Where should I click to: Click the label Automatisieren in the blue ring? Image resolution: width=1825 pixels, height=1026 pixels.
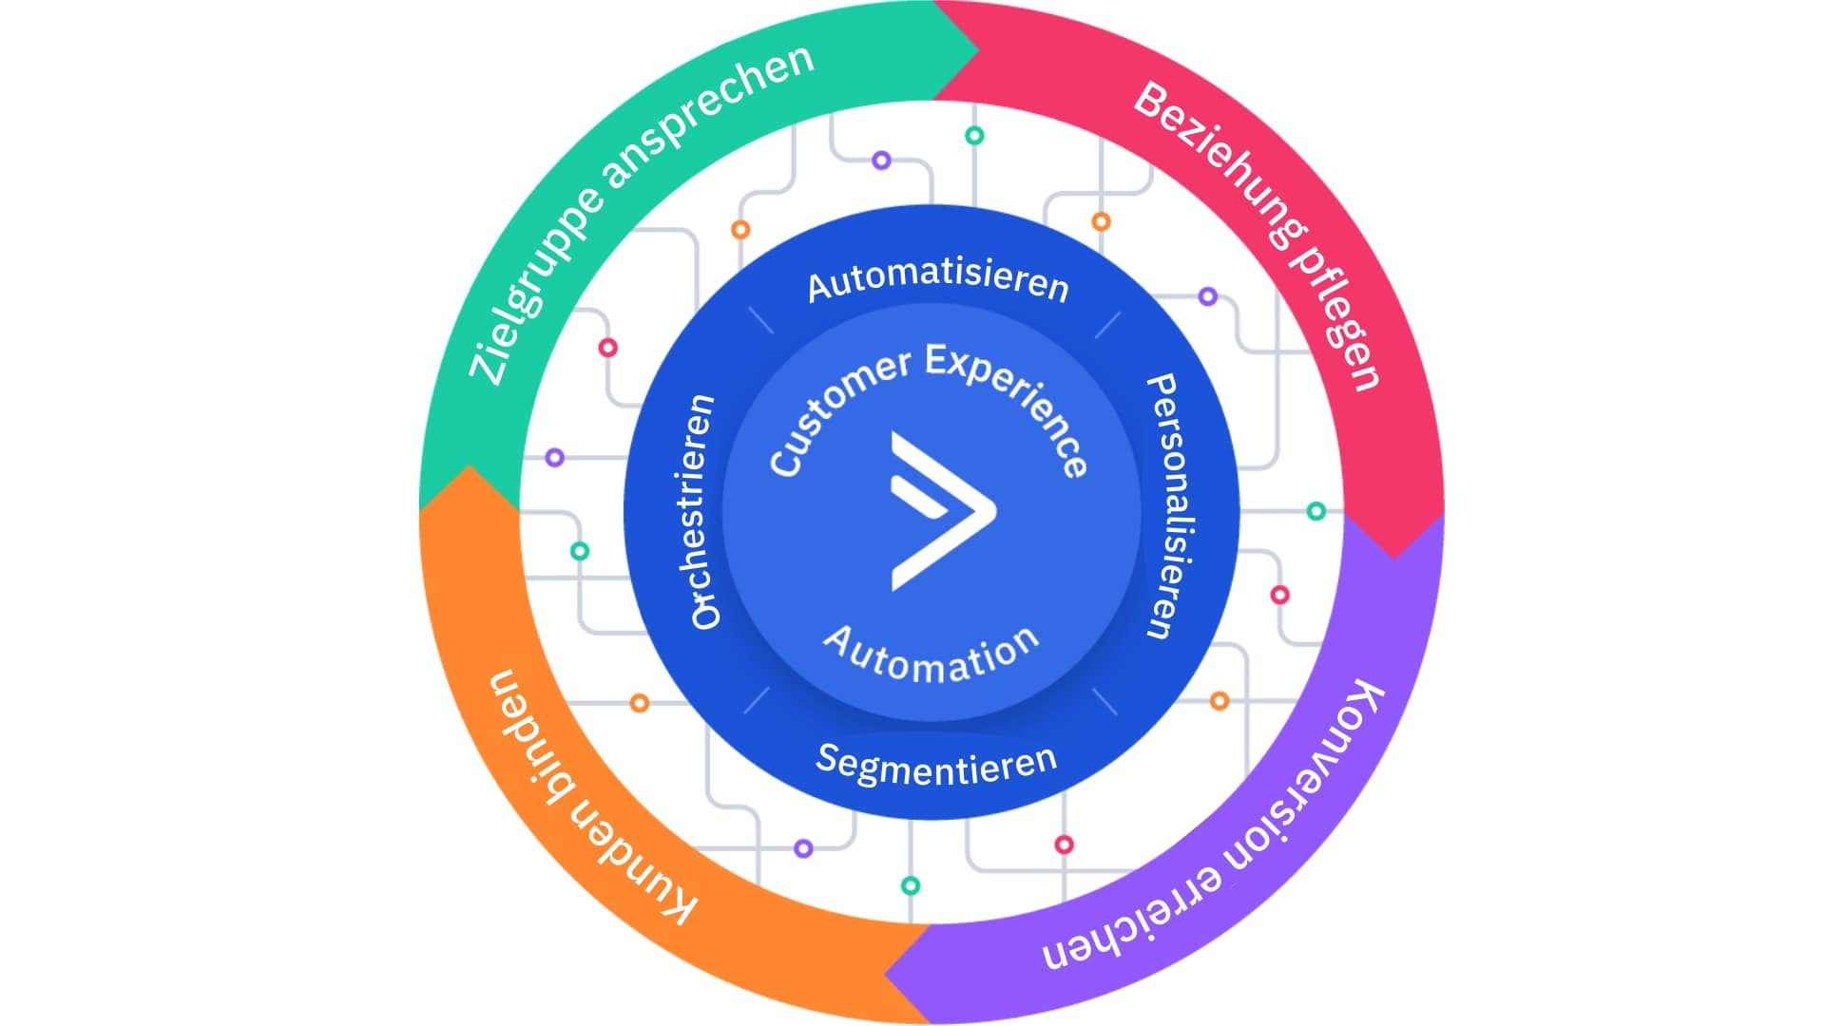tap(937, 280)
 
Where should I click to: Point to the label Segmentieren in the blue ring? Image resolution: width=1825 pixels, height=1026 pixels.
tap(936, 765)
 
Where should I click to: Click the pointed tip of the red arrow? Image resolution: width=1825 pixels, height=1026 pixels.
tap(1394, 557)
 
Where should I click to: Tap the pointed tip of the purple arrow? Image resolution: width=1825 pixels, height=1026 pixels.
tap(886, 973)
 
